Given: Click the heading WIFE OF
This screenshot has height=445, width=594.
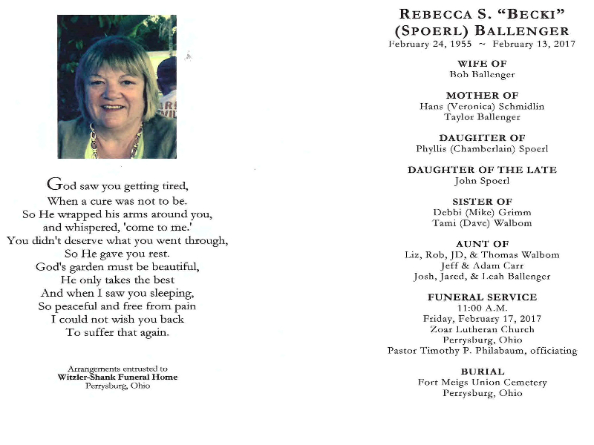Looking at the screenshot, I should point(482,64).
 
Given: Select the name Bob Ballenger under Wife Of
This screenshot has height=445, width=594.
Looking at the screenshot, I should point(482,74).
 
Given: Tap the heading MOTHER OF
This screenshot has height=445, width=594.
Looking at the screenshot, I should point(482,96).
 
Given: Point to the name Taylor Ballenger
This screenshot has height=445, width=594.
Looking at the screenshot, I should point(482,117).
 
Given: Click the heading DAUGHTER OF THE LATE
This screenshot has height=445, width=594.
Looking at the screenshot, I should point(482,170).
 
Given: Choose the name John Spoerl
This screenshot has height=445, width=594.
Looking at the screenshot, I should point(482,180).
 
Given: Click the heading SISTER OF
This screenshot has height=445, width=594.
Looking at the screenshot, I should point(482,202).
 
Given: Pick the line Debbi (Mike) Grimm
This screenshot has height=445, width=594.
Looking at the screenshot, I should point(482,212).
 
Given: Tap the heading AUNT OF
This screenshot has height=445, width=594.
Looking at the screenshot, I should point(482,244).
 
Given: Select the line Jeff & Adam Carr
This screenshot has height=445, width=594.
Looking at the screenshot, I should point(482,266).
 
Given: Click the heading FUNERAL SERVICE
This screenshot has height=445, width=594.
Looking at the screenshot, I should point(482,297).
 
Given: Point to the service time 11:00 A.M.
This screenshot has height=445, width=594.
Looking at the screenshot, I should point(482,308).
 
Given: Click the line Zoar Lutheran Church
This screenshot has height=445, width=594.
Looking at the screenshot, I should point(482,329).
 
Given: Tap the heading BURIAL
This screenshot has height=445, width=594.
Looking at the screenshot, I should point(482,372).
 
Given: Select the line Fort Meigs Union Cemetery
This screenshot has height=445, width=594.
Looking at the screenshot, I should point(482,383).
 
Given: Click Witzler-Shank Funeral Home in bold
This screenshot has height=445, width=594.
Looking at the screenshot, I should point(117,377).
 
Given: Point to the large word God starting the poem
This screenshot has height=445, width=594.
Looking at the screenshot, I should point(60,185).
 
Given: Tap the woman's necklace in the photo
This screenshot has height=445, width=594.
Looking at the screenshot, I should point(115,145).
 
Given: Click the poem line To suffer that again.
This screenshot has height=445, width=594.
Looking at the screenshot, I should point(117,332).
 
